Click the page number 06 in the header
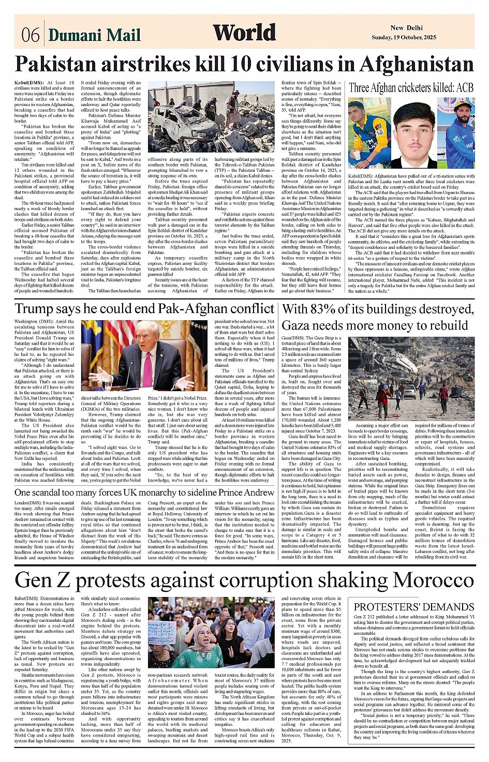coord(31,35)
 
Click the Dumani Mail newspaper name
coord(94,35)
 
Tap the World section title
coord(244,33)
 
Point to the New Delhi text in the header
coord(406,28)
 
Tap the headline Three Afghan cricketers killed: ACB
coord(411,87)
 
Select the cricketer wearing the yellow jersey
coord(368,133)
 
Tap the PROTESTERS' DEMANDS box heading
coord(413,606)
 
